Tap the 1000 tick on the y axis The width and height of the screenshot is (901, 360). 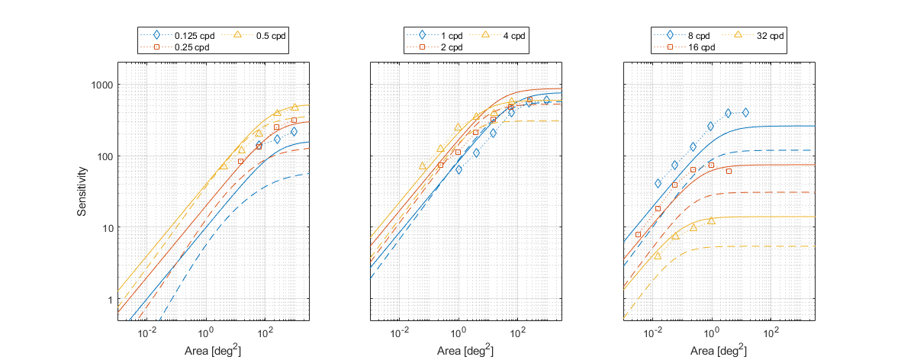[101, 85]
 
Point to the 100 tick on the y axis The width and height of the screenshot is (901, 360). [105, 156]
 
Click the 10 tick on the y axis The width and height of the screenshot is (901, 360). [107, 228]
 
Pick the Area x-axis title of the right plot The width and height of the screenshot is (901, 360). [718, 350]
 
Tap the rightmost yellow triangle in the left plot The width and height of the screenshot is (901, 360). [294, 108]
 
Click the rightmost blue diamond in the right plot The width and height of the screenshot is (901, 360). [745, 112]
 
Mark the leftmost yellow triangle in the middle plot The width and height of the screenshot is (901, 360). [423, 166]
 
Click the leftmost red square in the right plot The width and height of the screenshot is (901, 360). [638, 234]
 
